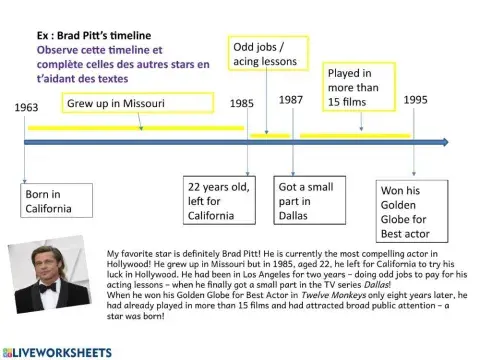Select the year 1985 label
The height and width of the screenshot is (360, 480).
(x=241, y=103)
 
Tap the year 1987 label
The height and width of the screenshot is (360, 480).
(x=291, y=100)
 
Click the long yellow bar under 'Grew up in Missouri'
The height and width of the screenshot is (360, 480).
(x=135, y=128)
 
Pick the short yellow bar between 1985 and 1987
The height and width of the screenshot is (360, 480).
(x=270, y=134)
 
